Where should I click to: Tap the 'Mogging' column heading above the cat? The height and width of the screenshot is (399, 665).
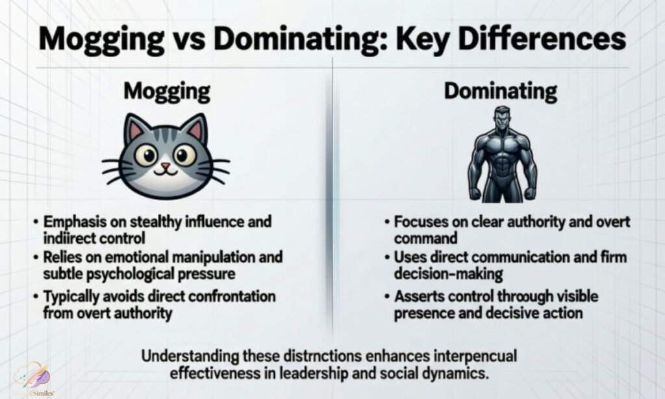point(167,91)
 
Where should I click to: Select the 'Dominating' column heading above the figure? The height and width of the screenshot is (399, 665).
point(500,91)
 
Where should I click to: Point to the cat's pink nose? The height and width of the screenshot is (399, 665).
point(166,167)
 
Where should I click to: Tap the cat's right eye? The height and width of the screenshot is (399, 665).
point(185,154)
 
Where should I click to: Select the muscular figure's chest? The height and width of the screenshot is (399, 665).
point(501,146)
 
